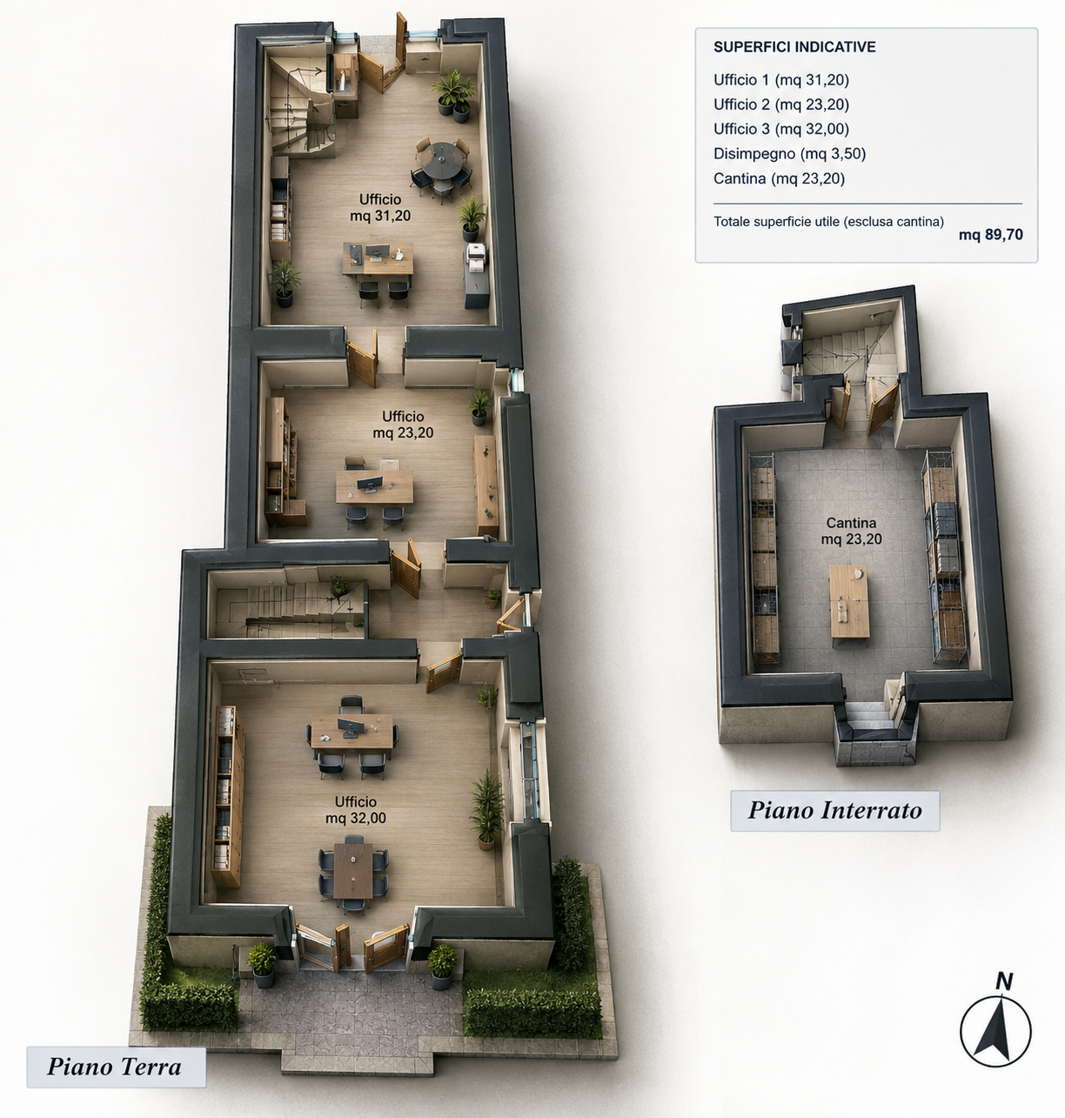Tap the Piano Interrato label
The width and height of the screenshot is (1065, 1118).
coord(834,810)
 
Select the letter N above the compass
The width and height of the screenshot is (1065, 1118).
coord(1004,981)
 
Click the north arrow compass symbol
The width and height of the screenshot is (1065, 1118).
coord(995,1032)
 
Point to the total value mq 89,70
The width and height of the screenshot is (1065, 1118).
coord(990,235)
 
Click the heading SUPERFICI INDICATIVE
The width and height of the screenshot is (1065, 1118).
coord(794,47)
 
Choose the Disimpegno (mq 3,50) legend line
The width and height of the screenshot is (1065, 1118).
coord(790,153)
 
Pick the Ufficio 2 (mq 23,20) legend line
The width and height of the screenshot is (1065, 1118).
coord(781,104)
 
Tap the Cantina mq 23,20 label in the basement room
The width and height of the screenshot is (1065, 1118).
coord(851,531)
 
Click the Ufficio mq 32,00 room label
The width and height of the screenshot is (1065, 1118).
coord(356,810)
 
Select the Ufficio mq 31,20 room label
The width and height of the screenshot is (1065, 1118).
coord(380,208)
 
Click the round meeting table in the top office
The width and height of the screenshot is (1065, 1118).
coord(441,160)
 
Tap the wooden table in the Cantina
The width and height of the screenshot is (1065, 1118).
coord(849,602)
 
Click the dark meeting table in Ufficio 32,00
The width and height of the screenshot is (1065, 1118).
coord(352,871)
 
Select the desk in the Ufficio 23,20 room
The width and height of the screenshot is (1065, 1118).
coord(374,486)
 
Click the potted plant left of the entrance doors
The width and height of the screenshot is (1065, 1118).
coord(262,965)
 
